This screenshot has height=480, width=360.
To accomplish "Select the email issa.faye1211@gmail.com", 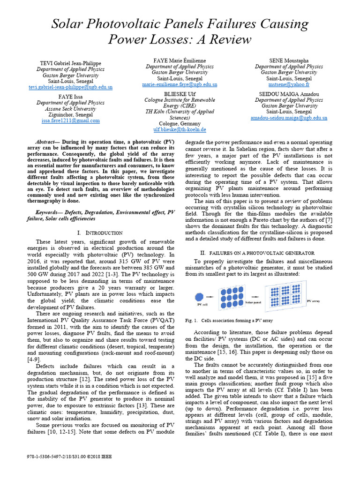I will point(70,120).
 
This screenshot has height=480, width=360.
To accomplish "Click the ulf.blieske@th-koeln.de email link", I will point(180,129).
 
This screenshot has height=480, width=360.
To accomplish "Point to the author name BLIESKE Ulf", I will point(180,94).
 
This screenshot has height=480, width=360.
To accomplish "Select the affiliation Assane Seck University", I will point(70,108).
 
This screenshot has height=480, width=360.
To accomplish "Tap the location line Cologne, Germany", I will point(180,123).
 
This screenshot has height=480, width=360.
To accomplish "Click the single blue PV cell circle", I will point(198,296).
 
